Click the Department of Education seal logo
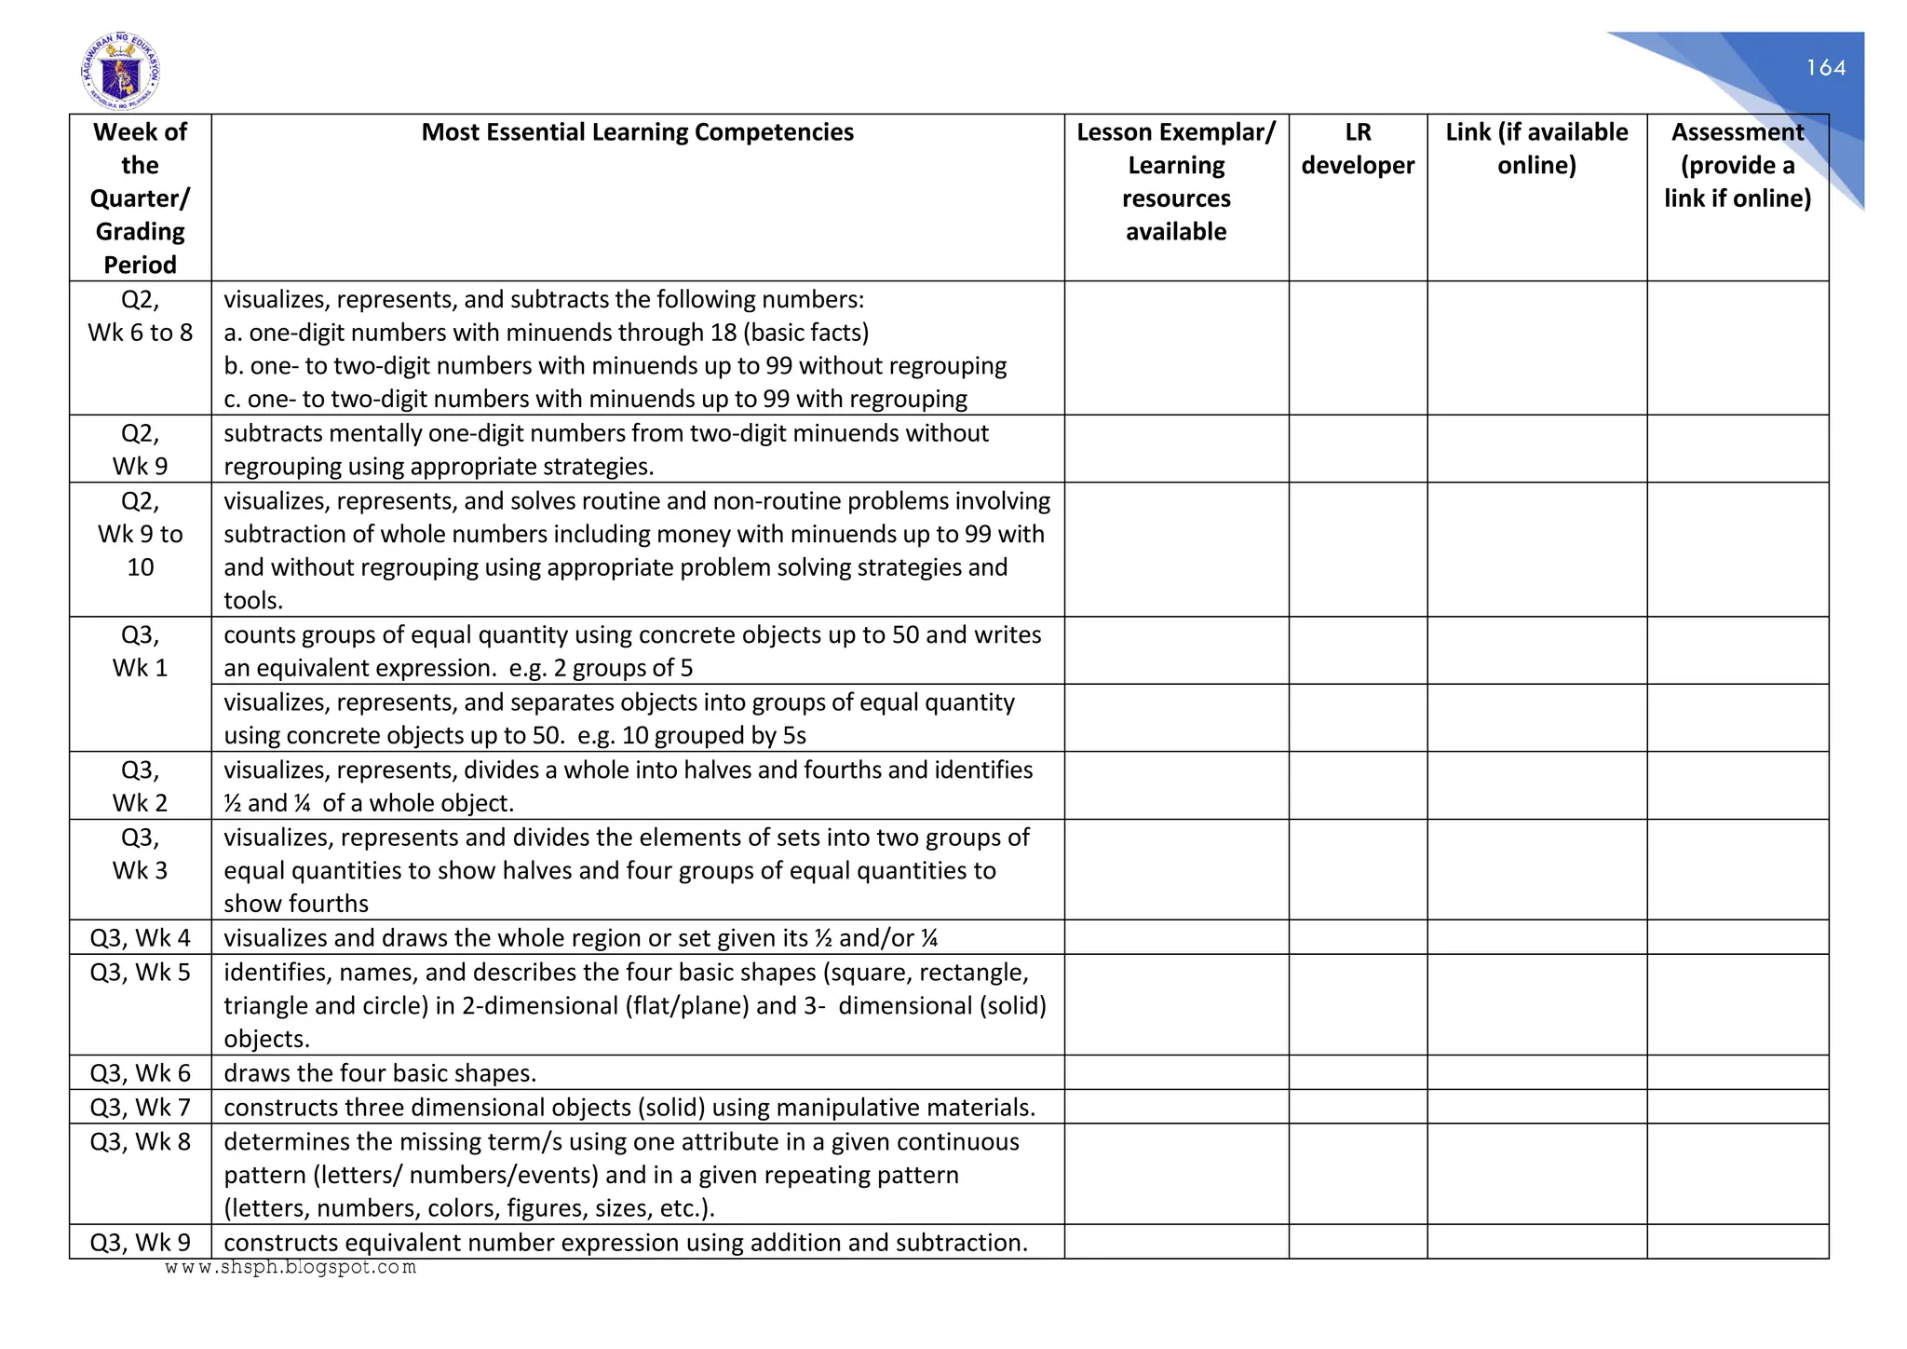point(120,72)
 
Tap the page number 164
point(1825,68)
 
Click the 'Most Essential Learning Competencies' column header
point(637,132)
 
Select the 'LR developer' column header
point(1358,149)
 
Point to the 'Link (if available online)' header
point(1536,149)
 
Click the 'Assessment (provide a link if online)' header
point(1738,165)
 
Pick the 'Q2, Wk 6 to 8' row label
point(140,317)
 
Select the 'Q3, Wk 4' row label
point(140,937)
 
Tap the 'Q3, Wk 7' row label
point(140,1107)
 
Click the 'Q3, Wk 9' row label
point(140,1242)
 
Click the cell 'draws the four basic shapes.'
point(380,1073)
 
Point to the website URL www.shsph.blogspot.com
point(291,1267)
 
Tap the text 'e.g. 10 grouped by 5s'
point(691,735)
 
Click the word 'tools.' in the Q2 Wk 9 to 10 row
point(253,601)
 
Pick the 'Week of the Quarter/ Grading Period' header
point(140,198)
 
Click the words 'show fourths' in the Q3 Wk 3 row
point(296,904)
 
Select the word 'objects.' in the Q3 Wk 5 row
point(266,1039)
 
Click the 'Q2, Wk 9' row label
point(140,449)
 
